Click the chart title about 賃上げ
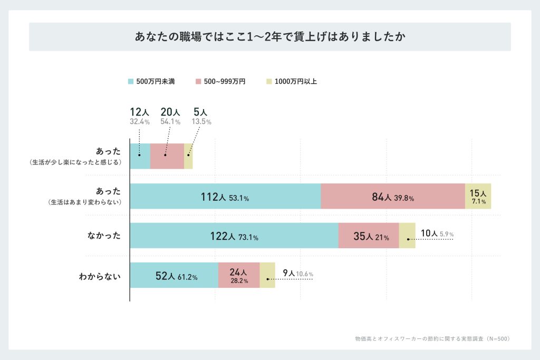269,37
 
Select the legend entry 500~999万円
220,82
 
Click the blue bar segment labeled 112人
225,197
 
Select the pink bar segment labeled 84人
393,197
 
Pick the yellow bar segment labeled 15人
478,197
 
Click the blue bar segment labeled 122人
234,236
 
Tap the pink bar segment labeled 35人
369,236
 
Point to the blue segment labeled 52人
174,275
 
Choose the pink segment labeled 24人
239,275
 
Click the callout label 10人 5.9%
437,233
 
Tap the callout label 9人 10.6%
298,274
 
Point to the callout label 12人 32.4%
140,116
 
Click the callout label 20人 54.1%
170,116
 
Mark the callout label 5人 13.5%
201,116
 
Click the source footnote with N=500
432,338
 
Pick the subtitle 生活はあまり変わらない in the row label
85,202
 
